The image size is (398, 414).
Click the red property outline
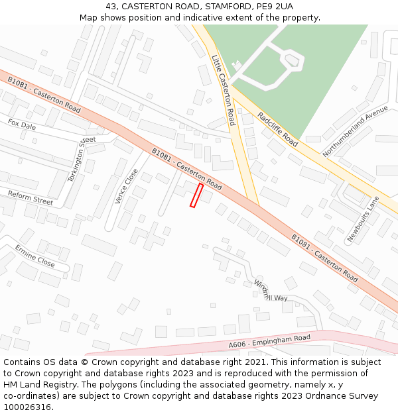click(196, 195)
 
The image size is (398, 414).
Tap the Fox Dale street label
click(22, 125)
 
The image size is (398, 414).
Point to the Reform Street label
click(30, 197)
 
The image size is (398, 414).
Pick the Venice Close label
click(126, 185)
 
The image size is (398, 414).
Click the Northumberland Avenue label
click(355, 130)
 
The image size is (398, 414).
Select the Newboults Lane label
click(364, 219)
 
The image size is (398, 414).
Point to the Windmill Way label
click(271, 291)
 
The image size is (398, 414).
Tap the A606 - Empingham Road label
click(269, 341)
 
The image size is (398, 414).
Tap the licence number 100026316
click(27, 407)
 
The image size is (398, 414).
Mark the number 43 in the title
click(111, 7)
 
